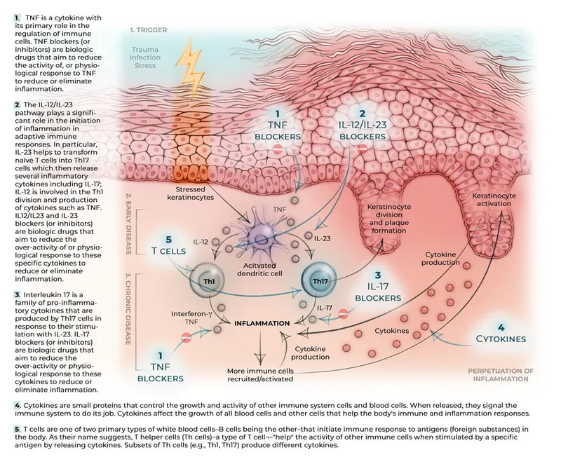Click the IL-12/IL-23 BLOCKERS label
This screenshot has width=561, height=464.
[x=363, y=124]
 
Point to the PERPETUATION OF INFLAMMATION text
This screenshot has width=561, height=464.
[x=501, y=374]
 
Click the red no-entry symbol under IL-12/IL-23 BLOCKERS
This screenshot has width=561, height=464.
[x=363, y=149]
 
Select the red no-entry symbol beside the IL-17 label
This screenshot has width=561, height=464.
[x=343, y=313]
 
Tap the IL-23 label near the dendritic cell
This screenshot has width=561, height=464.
[x=323, y=238]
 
